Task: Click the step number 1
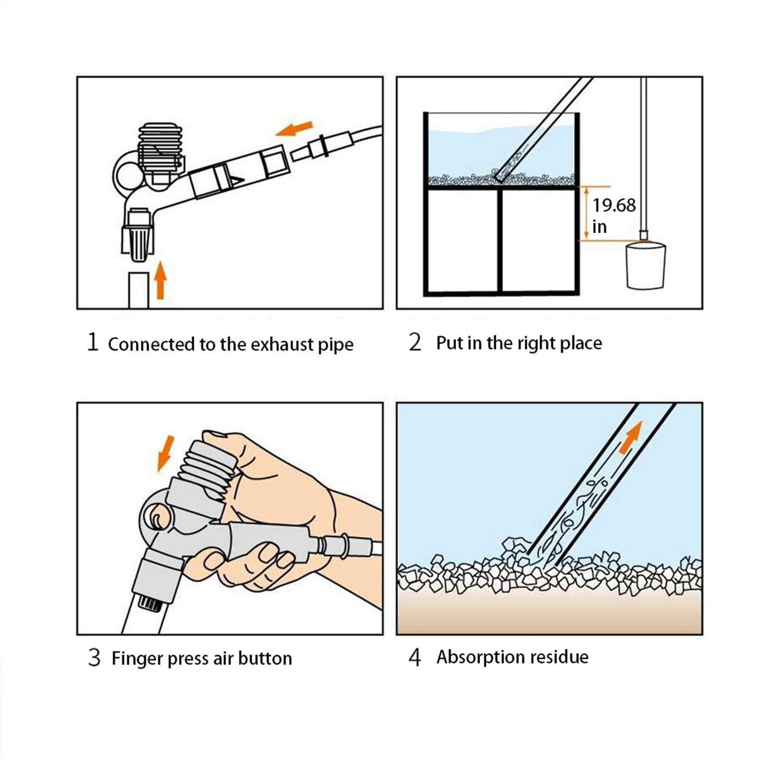(x=92, y=342)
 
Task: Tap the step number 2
(x=415, y=343)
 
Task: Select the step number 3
(x=94, y=658)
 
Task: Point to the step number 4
(x=415, y=657)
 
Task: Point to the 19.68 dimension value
(x=614, y=205)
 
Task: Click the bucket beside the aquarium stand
(x=645, y=266)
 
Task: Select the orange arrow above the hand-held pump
(x=166, y=452)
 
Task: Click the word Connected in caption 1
(x=152, y=345)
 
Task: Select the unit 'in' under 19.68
(x=599, y=227)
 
